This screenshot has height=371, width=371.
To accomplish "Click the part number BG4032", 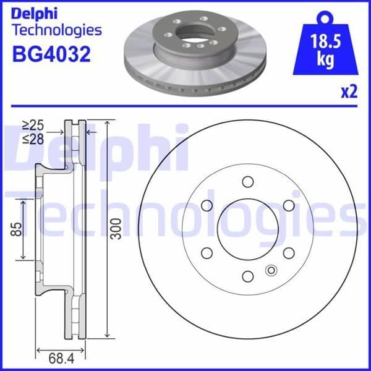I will click(x=51, y=54).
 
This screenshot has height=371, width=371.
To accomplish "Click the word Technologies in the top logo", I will click(x=56, y=30).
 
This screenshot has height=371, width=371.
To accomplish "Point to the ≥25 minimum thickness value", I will click(x=32, y=126).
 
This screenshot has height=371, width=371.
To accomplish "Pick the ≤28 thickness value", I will click(x=32, y=139).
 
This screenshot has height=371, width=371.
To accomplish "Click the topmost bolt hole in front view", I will click(x=248, y=181).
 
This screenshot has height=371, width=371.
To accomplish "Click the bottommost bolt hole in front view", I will click(x=248, y=276).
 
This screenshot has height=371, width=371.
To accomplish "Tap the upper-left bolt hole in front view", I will click(x=207, y=205).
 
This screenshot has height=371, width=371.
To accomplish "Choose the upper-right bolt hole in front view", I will click(x=289, y=205).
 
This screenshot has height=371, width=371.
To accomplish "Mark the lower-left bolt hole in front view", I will click(x=207, y=252).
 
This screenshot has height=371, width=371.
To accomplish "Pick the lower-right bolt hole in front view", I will click(x=289, y=252).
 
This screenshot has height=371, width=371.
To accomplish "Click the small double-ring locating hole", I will click(x=270, y=270).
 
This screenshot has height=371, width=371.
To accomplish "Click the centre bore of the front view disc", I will click(x=248, y=229).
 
